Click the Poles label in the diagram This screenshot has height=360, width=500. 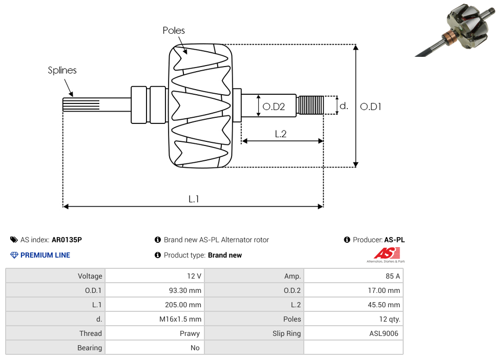[x=174, y=31]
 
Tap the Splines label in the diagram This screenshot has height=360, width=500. [x=62, y=70]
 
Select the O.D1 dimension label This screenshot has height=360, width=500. [x=370, y=107]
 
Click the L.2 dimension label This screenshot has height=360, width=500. [x=280, y=134]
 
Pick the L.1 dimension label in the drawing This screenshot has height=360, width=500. [x=193, y=199]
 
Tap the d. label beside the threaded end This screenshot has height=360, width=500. [x=344, y=106]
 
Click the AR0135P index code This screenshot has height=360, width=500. [x=67, y=240]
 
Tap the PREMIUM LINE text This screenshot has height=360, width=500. [x=45, y=255]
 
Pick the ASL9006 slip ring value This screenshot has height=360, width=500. [x=385, y=333]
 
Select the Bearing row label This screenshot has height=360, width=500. [x=89, y=348]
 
